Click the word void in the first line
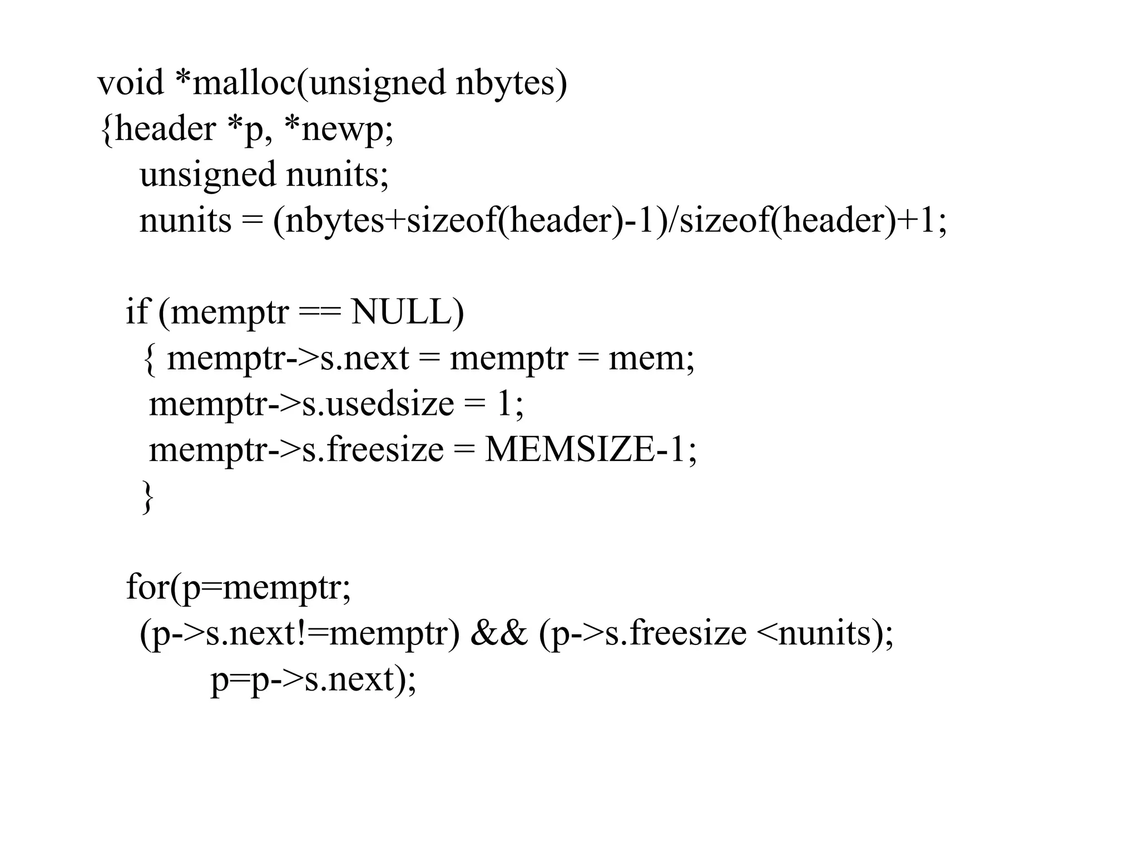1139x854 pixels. coord(130,83)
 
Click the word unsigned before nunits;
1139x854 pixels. coord(207,175)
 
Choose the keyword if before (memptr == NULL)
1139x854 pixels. coord(137,312)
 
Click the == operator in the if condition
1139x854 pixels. coord(319,313)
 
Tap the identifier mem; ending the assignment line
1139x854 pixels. coord(651,359)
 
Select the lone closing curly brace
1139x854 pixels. coord(147,496)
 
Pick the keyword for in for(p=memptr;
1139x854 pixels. coord(147,587)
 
